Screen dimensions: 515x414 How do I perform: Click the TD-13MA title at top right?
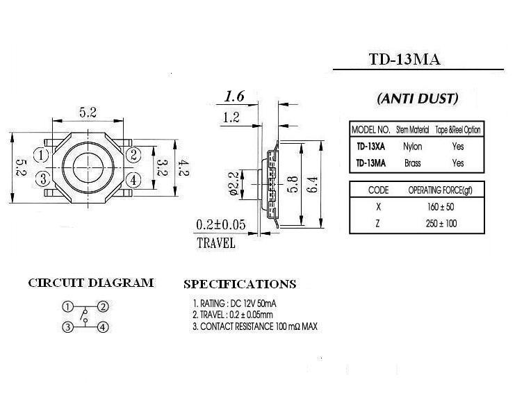[x=404, y=60]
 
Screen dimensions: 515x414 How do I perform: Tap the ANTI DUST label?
[x=417, y=99]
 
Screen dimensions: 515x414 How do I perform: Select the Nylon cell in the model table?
[x=413, y=147]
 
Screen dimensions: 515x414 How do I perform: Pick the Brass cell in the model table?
[x=413, y=163]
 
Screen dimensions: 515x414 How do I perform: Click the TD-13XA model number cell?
[x=371, y=147]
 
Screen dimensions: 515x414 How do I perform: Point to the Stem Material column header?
[x=413, y=130]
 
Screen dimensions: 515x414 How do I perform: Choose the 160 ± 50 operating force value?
[x=441, y=207]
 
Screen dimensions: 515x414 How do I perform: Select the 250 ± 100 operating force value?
[x=441, y=224]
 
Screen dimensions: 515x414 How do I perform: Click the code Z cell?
[x=377, y=224]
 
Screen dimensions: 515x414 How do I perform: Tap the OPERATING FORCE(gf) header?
[x=440, y=190]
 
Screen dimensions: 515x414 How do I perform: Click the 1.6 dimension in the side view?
[x=234, y=96]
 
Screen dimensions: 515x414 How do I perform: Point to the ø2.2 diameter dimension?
[x=234, y=184]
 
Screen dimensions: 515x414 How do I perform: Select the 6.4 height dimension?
[x=313, y=184]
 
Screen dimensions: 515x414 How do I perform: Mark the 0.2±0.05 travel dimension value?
[x=221, y=224]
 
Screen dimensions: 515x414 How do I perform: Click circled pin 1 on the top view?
[x=42, y=155]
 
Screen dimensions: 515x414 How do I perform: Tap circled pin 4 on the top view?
[x=133, y=180]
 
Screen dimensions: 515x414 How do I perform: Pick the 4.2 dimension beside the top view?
[x=183, y=167]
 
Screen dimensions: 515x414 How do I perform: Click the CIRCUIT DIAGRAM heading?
[x=91, y=283]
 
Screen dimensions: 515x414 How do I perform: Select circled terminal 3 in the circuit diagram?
[x=67, y=327]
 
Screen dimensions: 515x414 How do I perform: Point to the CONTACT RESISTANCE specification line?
[x=255, y=326]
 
